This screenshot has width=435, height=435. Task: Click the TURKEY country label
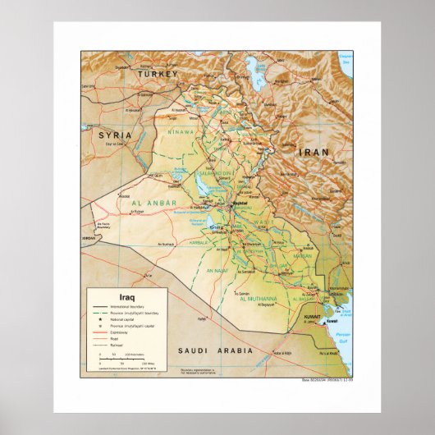click(x=157, y=74)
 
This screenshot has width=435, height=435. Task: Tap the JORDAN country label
click(x=88, y=237)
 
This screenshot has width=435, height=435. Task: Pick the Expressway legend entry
click(x=116, y=332)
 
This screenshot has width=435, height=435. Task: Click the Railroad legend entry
click(x=114, y=346)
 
